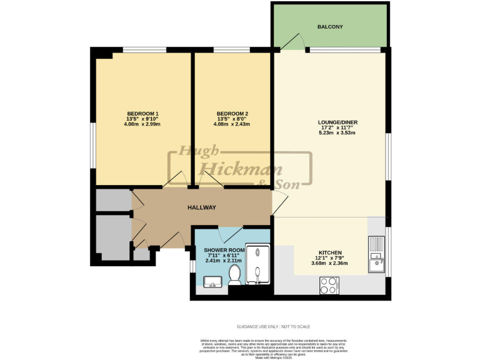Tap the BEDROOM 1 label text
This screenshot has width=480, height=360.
point(143,113)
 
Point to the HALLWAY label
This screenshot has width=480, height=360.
point(202,207)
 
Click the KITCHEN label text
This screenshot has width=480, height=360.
point(328,253)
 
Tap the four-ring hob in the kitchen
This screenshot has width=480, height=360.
point(329,286)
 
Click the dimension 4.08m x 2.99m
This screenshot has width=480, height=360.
point(143,124)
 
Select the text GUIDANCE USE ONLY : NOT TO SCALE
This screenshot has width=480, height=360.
point(273,326)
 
